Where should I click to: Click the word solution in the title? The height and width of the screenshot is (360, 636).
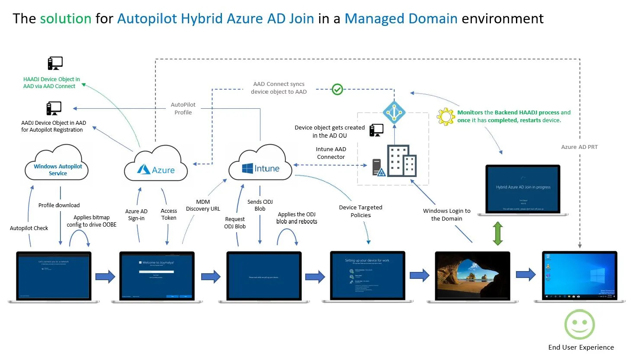pos(66,19)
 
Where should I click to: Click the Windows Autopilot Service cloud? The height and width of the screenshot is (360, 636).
pos(57,166)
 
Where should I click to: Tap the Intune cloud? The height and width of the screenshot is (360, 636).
pos(260,166)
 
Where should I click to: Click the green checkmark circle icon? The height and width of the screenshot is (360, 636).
pos(337,89)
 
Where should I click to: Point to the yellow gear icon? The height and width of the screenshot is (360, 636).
pos(446,117)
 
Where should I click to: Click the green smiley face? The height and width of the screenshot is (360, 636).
pos(579,325)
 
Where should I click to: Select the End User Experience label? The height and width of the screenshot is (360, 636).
pos(581,347)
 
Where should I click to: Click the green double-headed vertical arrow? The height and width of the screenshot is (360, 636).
pos(498,234)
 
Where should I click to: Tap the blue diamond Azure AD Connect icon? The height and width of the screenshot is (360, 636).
pos(394,112)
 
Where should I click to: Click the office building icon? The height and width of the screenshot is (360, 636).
pos(402,161)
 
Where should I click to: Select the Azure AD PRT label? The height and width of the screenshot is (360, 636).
pos(579,147)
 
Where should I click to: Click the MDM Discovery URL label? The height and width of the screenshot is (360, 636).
pos(203,205)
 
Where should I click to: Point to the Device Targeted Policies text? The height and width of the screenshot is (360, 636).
pos(361,211)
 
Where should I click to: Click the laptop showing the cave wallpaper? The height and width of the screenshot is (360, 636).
pos(472,276)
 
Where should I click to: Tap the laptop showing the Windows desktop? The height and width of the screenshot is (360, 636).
pos(579,276)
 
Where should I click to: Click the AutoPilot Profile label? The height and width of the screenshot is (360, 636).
pos(183,108)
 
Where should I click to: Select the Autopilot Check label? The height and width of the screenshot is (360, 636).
pos(29,228)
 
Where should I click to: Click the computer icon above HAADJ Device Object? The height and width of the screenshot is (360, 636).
pos(55,63)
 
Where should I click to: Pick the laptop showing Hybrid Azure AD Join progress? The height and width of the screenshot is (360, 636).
pos(523,189)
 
